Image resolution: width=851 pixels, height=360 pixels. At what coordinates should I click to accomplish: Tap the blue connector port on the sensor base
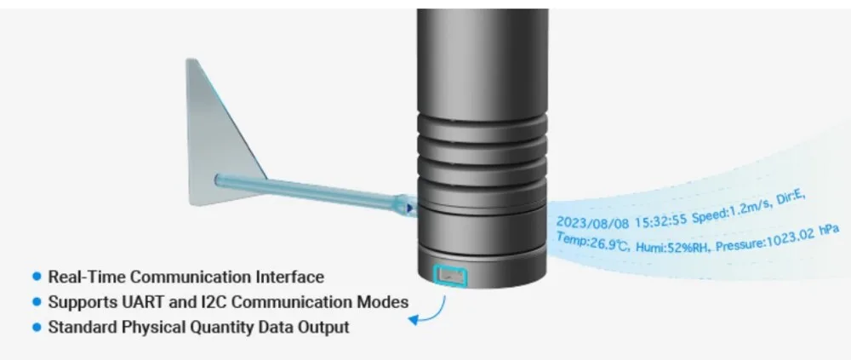450,274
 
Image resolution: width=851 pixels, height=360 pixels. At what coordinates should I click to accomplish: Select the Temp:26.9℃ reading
592,243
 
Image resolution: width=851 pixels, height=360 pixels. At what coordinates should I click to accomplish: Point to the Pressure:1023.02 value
759,239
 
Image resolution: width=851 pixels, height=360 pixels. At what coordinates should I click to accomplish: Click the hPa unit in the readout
824,231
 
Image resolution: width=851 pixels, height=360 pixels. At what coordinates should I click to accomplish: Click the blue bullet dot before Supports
37,301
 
